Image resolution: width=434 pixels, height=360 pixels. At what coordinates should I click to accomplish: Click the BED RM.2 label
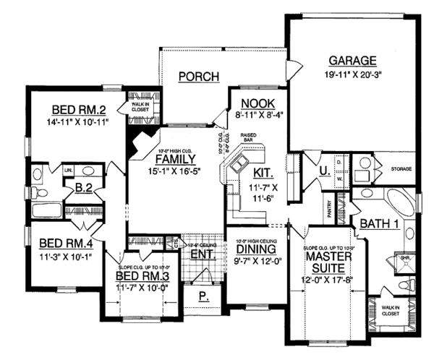(80, 110)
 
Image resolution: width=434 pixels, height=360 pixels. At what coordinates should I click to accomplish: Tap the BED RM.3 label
(140, 277)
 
